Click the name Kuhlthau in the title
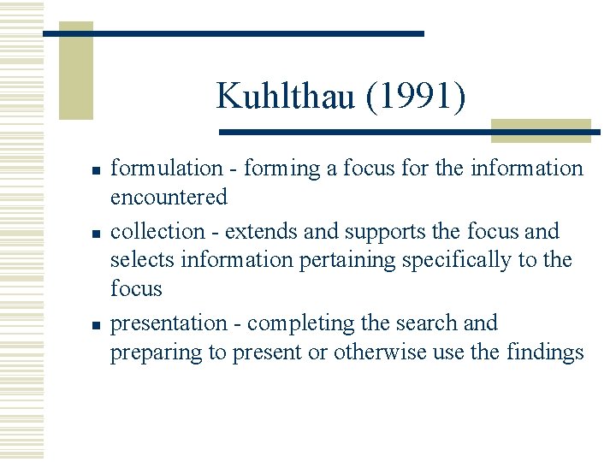(x=287, y=96)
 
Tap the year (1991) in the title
(x=416, y=96)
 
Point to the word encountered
(x=169, y=197)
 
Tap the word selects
(x=139, y=259)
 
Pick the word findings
(x=545, y=352)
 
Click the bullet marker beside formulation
(x=98, y=170)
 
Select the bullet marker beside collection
(x=98, y=233)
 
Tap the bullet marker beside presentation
(x=98, y=324)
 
